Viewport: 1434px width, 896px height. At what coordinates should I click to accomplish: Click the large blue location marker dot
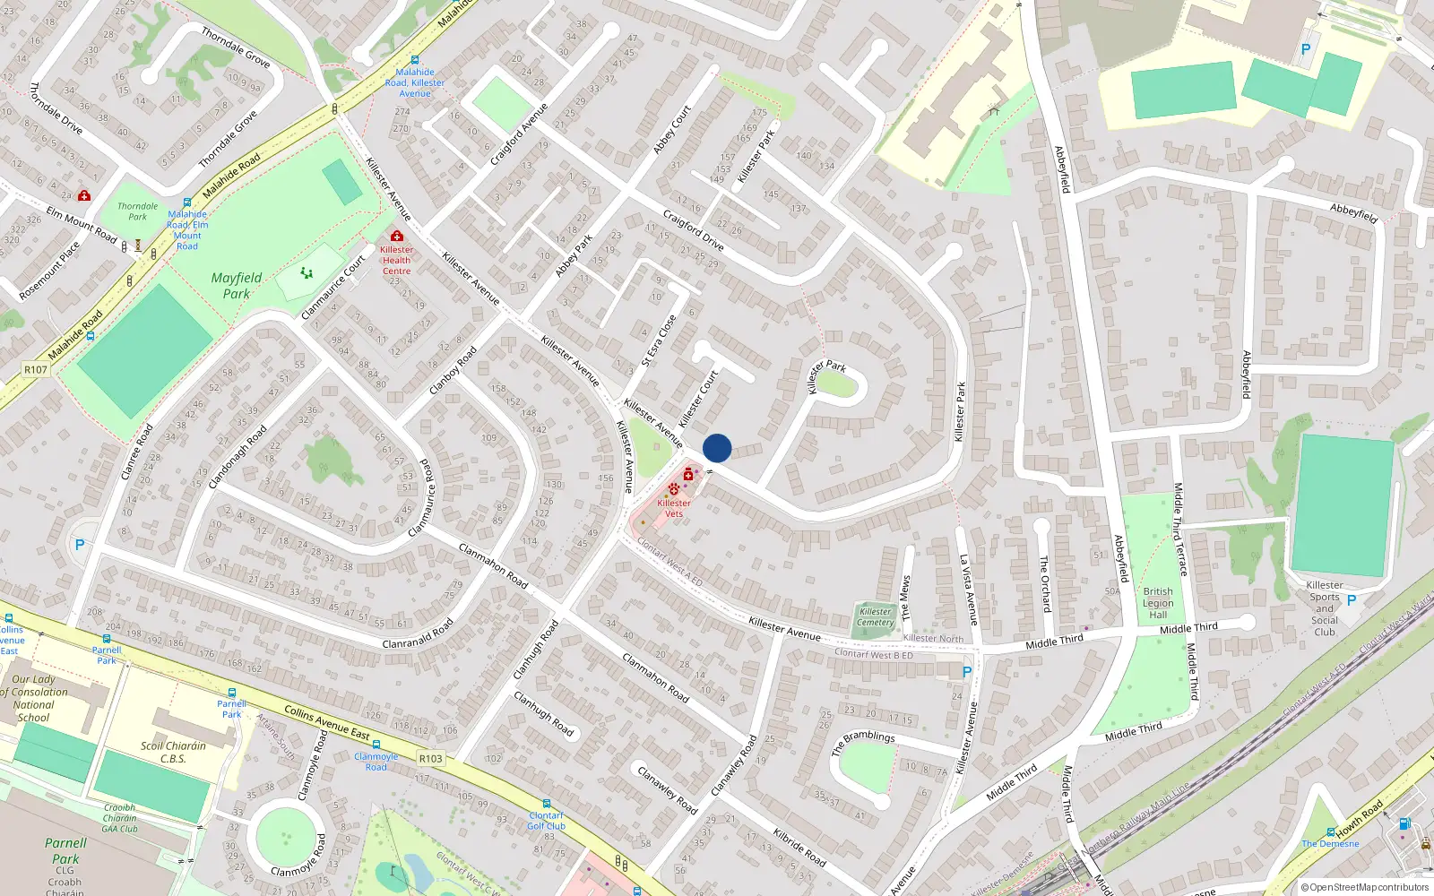717,448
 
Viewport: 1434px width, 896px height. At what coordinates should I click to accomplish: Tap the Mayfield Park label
237,285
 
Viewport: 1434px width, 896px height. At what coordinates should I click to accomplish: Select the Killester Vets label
674,508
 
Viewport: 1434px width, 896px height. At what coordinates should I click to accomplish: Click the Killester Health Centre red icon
396,236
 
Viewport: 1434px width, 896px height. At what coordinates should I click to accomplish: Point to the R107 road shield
35,369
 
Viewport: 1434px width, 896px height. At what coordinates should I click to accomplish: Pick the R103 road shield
430,758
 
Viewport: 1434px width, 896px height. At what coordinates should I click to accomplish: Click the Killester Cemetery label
875,617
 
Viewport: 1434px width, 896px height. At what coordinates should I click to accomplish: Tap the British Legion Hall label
1158,603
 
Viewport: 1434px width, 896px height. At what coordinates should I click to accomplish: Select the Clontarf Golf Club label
546,821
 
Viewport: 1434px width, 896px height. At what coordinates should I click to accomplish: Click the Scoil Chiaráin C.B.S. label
173,752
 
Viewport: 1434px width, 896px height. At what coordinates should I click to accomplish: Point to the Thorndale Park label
137,211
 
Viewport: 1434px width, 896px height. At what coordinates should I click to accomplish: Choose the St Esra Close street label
659,341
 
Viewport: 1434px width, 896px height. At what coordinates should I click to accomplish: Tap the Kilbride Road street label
799,846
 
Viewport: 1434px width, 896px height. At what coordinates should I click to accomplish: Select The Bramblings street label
863,742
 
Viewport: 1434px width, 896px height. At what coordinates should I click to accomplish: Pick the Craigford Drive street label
693,230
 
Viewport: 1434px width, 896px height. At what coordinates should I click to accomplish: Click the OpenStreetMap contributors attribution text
1364,888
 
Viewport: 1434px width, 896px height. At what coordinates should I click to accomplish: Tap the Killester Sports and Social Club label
1325,608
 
